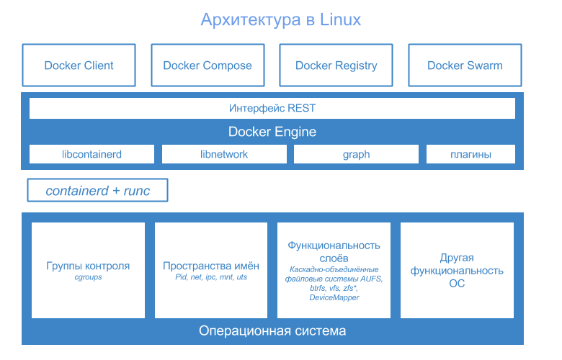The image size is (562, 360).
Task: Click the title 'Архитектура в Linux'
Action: (281, 19)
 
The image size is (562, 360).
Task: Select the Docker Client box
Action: (79, 66)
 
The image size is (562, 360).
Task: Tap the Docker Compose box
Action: (208, 66)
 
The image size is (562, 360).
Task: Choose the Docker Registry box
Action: (336, 66)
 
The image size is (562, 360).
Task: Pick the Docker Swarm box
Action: (465, 66)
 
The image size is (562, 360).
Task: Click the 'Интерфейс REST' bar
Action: (272, 108)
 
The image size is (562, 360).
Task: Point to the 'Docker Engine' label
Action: (272, 132)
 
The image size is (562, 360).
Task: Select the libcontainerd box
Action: (92, 154)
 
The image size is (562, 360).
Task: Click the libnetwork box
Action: (224, 154)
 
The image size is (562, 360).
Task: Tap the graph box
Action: (356, 154)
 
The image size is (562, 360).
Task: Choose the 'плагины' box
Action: (471, 154)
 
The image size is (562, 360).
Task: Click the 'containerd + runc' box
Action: (97, 190)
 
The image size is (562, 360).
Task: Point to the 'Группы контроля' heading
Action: (88, 266)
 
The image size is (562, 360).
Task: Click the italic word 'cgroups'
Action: (88, 277)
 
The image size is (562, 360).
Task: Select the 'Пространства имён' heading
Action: (211, 266)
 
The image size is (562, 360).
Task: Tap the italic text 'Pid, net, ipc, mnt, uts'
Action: (211, 277)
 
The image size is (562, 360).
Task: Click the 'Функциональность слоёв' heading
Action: (334, 252)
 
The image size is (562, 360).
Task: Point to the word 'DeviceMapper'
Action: (334, 297)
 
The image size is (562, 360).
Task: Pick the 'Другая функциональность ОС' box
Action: (457, 270)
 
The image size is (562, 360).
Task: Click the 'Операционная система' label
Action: (272, 331)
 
